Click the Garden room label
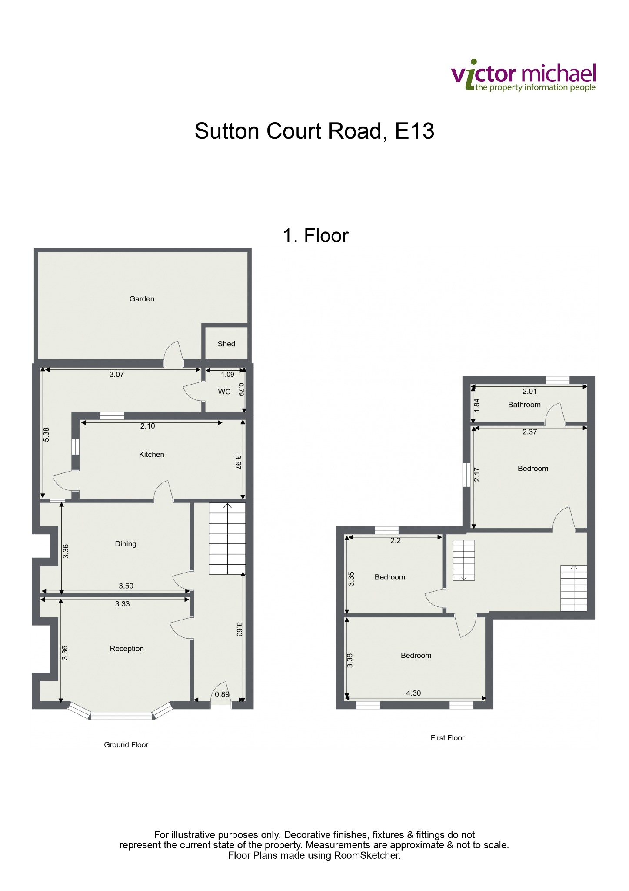[142, 299]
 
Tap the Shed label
[226, 344]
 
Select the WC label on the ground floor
[224, 392]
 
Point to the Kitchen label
[152, 454]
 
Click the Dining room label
[126, 544]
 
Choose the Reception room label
[127, 649]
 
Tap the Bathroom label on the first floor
[524, 405]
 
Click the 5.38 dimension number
[47, 434]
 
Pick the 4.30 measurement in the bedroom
[413, 693]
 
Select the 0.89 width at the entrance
[222, 694]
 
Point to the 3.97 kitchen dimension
[238, 462]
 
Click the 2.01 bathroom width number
[529, 392]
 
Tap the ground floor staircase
[227, 539]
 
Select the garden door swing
[173, 351]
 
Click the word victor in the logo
[484, 75]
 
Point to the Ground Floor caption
[126, 745]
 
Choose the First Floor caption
[448, 738]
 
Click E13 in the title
[415, 131]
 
